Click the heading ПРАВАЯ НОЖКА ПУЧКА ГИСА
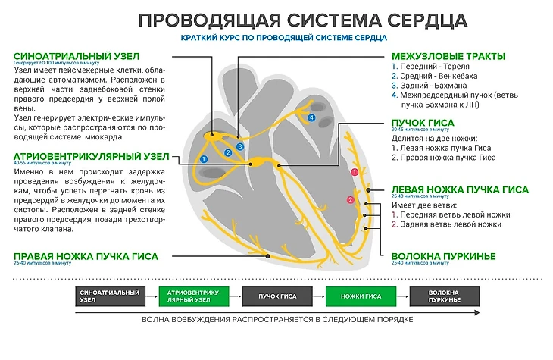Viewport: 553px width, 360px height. point(85,257)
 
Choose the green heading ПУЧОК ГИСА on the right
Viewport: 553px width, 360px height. point(422,123)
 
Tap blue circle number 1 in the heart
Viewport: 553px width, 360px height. point(203,158)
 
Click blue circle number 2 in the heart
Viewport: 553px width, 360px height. point(227,152)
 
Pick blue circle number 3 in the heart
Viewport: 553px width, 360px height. point(239,146)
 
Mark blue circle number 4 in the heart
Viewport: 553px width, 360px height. point(311,118)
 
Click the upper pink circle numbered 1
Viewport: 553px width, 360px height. point(354,173)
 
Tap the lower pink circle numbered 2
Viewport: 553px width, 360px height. point(350,199)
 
